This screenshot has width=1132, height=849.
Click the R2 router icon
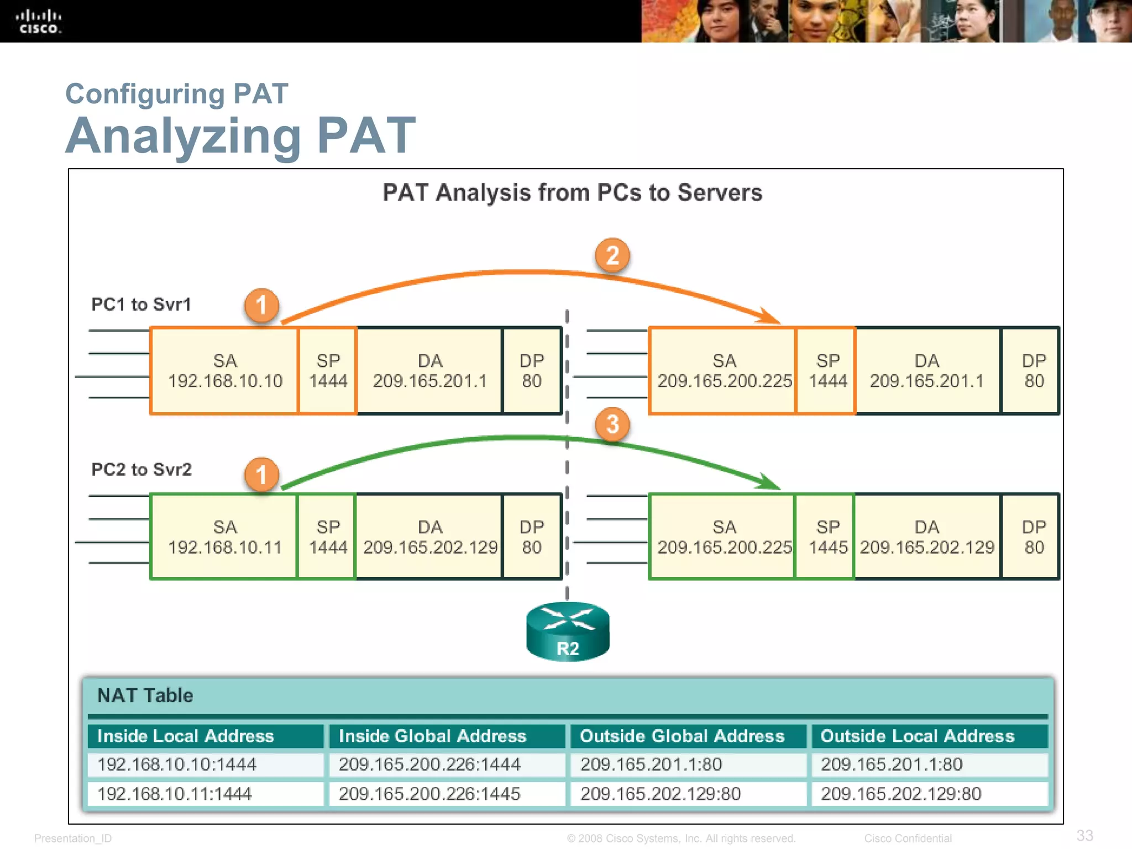568,632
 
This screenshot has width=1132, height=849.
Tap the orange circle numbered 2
612,255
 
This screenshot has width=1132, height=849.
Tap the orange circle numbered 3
612,424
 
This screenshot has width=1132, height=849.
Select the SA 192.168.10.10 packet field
224,371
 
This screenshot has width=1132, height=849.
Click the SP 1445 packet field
827,537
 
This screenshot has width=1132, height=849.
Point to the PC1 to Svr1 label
141,305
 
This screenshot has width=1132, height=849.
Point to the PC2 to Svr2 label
141,469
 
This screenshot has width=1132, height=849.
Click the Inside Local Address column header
186,736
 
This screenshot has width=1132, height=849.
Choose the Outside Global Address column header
682,736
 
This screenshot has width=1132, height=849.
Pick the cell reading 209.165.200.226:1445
429,794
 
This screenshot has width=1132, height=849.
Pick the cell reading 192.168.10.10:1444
177,764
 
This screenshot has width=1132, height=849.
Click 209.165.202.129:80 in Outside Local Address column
901,794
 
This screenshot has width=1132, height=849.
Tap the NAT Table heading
145,695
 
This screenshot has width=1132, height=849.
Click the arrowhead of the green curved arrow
771,482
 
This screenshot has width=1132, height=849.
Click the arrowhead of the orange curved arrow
771,317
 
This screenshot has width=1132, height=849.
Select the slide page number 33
1084,835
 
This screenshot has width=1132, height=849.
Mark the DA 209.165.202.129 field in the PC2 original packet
430,537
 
